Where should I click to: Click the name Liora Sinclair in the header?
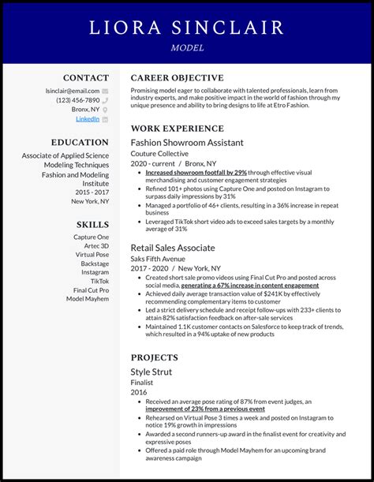pos(187,28)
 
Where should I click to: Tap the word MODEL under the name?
pos(187,48)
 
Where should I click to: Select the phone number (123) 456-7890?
pos(77,100)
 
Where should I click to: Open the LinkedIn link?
pos(88,119)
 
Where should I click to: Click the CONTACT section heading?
pos(86,78)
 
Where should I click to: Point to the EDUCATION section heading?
pos(80,143)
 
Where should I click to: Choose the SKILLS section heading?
pos(92,224)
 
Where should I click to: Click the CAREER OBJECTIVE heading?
pos(177,78)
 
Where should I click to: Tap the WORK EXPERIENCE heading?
pos(177,129)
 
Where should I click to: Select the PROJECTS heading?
pos(155,357)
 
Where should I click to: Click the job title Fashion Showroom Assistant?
pos(187,143)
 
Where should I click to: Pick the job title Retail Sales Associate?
pos(173,248)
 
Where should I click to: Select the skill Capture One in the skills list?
pos(92,237)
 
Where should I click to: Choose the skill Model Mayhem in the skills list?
pos(88,299)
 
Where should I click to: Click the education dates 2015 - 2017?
pos(92,192)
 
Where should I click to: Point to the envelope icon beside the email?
pos(105,91)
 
